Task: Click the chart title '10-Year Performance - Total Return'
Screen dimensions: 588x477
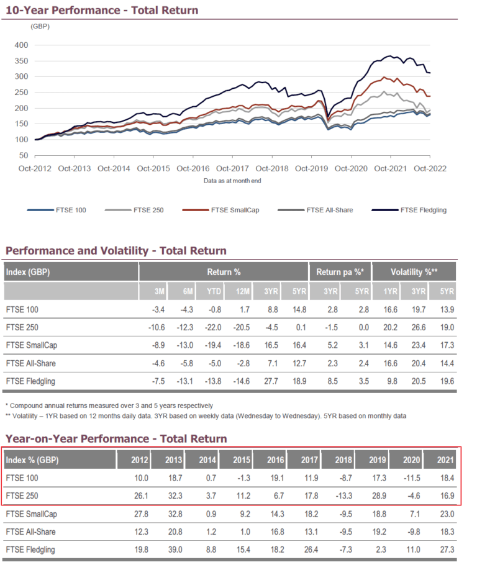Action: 102,10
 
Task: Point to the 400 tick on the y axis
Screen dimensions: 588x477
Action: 20,45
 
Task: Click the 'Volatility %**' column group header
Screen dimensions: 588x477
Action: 414,272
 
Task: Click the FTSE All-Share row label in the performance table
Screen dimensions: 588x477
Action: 27,361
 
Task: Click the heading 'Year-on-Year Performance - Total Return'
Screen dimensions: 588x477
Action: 116,439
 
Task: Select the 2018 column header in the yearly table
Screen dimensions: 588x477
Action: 343,460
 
